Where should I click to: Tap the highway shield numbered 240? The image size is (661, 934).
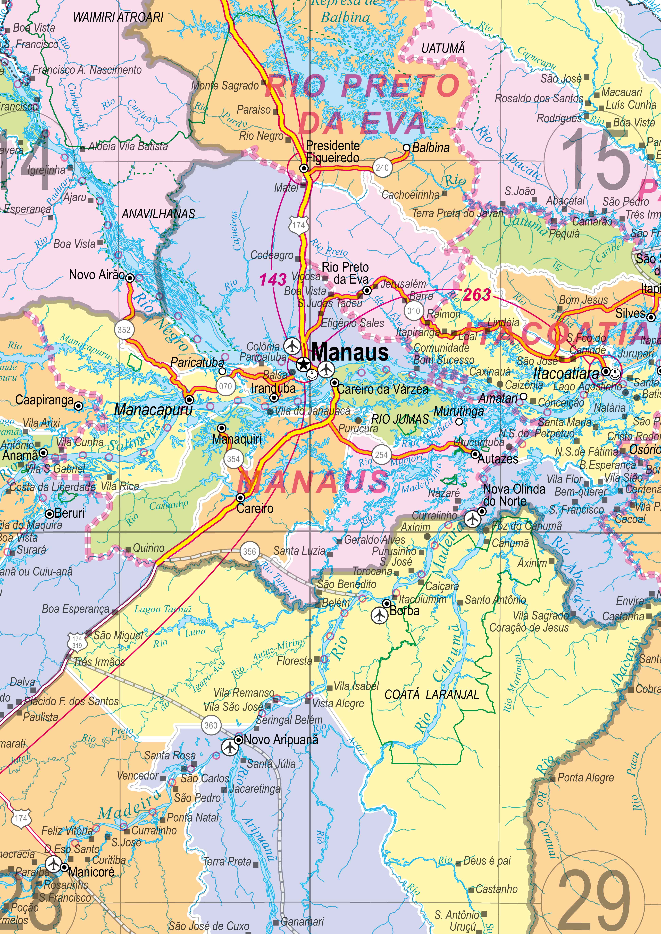point(382,168)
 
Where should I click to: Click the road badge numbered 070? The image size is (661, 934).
point(226,386)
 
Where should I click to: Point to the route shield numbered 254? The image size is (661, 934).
point(381,455)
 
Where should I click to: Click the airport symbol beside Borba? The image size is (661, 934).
point(379,615)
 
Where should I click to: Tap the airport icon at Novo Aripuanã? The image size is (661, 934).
point(230,747)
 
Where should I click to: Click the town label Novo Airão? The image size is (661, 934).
point(97,275)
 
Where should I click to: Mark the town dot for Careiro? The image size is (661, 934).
point(241,498)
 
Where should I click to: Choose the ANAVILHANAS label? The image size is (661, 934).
point(158,214)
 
